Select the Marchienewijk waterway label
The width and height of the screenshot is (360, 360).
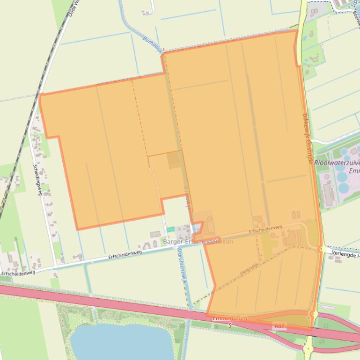(x=181, y=266)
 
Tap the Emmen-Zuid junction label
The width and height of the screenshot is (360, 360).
(x=229, y=318)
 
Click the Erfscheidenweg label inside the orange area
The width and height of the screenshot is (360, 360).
(x=265, y=229)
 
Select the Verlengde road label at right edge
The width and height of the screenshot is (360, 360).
(x=345, y=255)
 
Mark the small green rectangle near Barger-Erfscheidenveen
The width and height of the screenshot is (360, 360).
(x=170, y=229)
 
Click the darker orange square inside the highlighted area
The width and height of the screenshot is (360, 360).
(x=174, y=160)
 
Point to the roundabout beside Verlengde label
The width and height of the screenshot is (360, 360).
(x=322, y=249)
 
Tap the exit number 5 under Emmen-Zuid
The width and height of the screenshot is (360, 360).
(x=230, y=325)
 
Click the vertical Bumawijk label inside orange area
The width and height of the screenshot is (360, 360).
(x=187, y=196)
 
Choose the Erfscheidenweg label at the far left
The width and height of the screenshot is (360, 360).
(x=18, y=273)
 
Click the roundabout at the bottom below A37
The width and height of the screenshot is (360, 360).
(x=309, y=349)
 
